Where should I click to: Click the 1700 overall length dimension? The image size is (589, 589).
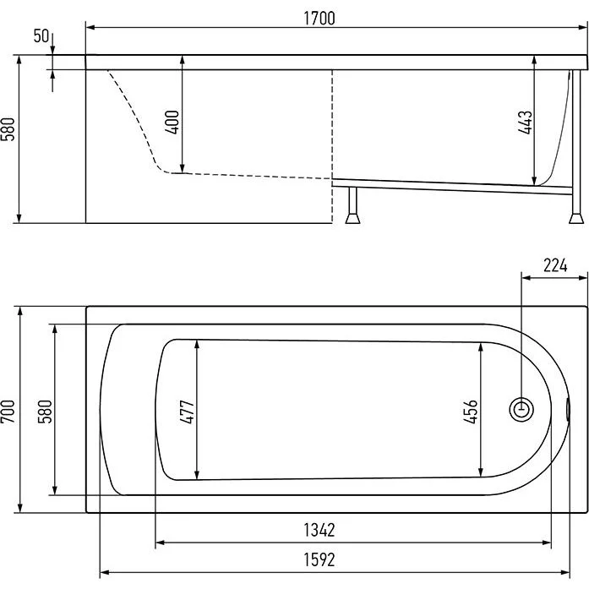(319, 19)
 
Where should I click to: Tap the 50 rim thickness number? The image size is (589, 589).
(41, 36)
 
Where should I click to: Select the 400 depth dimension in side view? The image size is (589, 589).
(172, 123)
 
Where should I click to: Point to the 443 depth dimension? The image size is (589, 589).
(525, 123)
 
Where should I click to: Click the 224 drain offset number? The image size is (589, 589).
(555, 266)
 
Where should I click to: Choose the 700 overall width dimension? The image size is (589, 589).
(8, 412)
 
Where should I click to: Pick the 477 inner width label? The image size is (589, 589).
(187, 412)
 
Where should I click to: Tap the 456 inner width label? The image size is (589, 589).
(471, 412)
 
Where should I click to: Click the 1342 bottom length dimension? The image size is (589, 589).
(319, 530)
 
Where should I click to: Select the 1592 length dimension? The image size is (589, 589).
(319, 559)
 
